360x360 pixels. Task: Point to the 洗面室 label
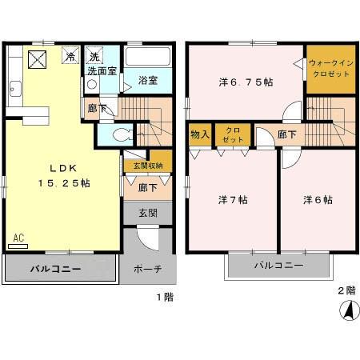coord(102,70)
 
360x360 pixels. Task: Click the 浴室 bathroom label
coord(147,80)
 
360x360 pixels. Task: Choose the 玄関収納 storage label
coord(148,166)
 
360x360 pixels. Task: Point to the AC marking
coord(18,238)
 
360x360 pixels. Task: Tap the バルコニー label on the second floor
coord(278,264)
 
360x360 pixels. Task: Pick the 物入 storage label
coord(200,134)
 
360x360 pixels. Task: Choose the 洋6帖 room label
coord(318,198)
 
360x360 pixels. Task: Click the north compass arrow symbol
coord(346,308)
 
